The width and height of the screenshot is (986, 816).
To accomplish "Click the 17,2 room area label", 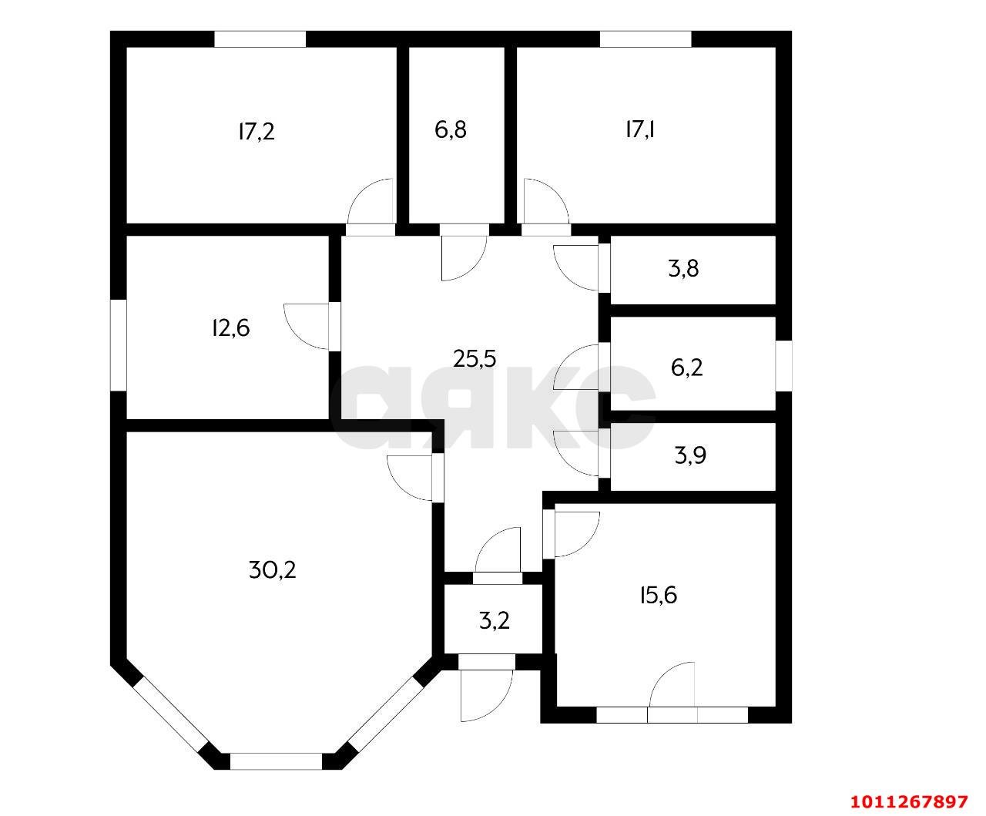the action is [257, 132].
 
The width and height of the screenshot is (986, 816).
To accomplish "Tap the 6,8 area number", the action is [451, 130].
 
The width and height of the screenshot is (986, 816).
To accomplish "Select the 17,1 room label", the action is [640, 129].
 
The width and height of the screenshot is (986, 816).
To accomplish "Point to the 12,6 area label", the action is [231, 328].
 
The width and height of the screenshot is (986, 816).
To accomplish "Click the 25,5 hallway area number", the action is [475, 358].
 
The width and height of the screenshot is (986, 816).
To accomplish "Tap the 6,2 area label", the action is [686, 367].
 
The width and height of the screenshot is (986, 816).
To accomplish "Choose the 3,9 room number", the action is [690, 455].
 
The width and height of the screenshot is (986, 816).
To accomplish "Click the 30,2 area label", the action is [272, 570].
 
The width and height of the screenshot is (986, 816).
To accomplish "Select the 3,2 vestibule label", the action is [494, 620].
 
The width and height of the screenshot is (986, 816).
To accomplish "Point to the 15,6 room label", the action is [659, 596].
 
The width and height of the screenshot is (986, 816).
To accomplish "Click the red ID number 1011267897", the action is [909, 801].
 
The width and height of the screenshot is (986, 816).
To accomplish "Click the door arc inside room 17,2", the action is [361, 193].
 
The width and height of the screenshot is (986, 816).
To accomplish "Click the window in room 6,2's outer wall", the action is [783, 366].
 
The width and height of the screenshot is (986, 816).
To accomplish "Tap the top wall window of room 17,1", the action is [645, 39].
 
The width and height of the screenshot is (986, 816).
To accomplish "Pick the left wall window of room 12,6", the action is [118, 344].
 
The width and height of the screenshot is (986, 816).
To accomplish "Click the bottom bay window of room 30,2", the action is [277, 761].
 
